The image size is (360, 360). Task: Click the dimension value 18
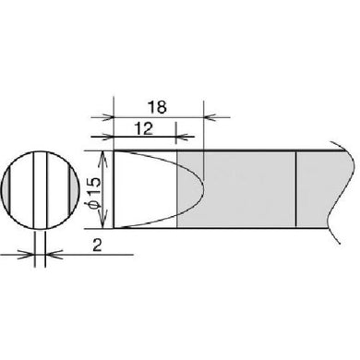[157, 107]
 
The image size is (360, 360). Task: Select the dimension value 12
[144, 128]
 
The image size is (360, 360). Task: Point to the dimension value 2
[97, 246]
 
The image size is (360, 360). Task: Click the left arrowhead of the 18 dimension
[108, 117]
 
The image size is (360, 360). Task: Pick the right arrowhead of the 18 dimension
[210, 117]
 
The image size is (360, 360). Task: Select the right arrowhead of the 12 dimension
[181, 137]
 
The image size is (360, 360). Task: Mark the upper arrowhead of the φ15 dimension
[103, 157]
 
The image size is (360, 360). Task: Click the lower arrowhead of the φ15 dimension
[103, 222]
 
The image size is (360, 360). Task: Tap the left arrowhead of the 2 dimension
[28, 255]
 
